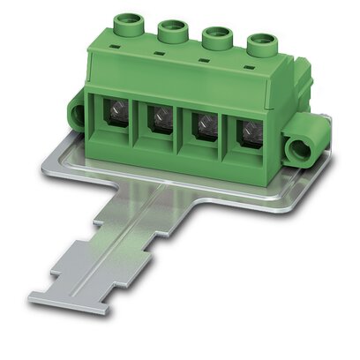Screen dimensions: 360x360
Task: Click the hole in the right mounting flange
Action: pyautogui.click(x=308, y=144)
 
